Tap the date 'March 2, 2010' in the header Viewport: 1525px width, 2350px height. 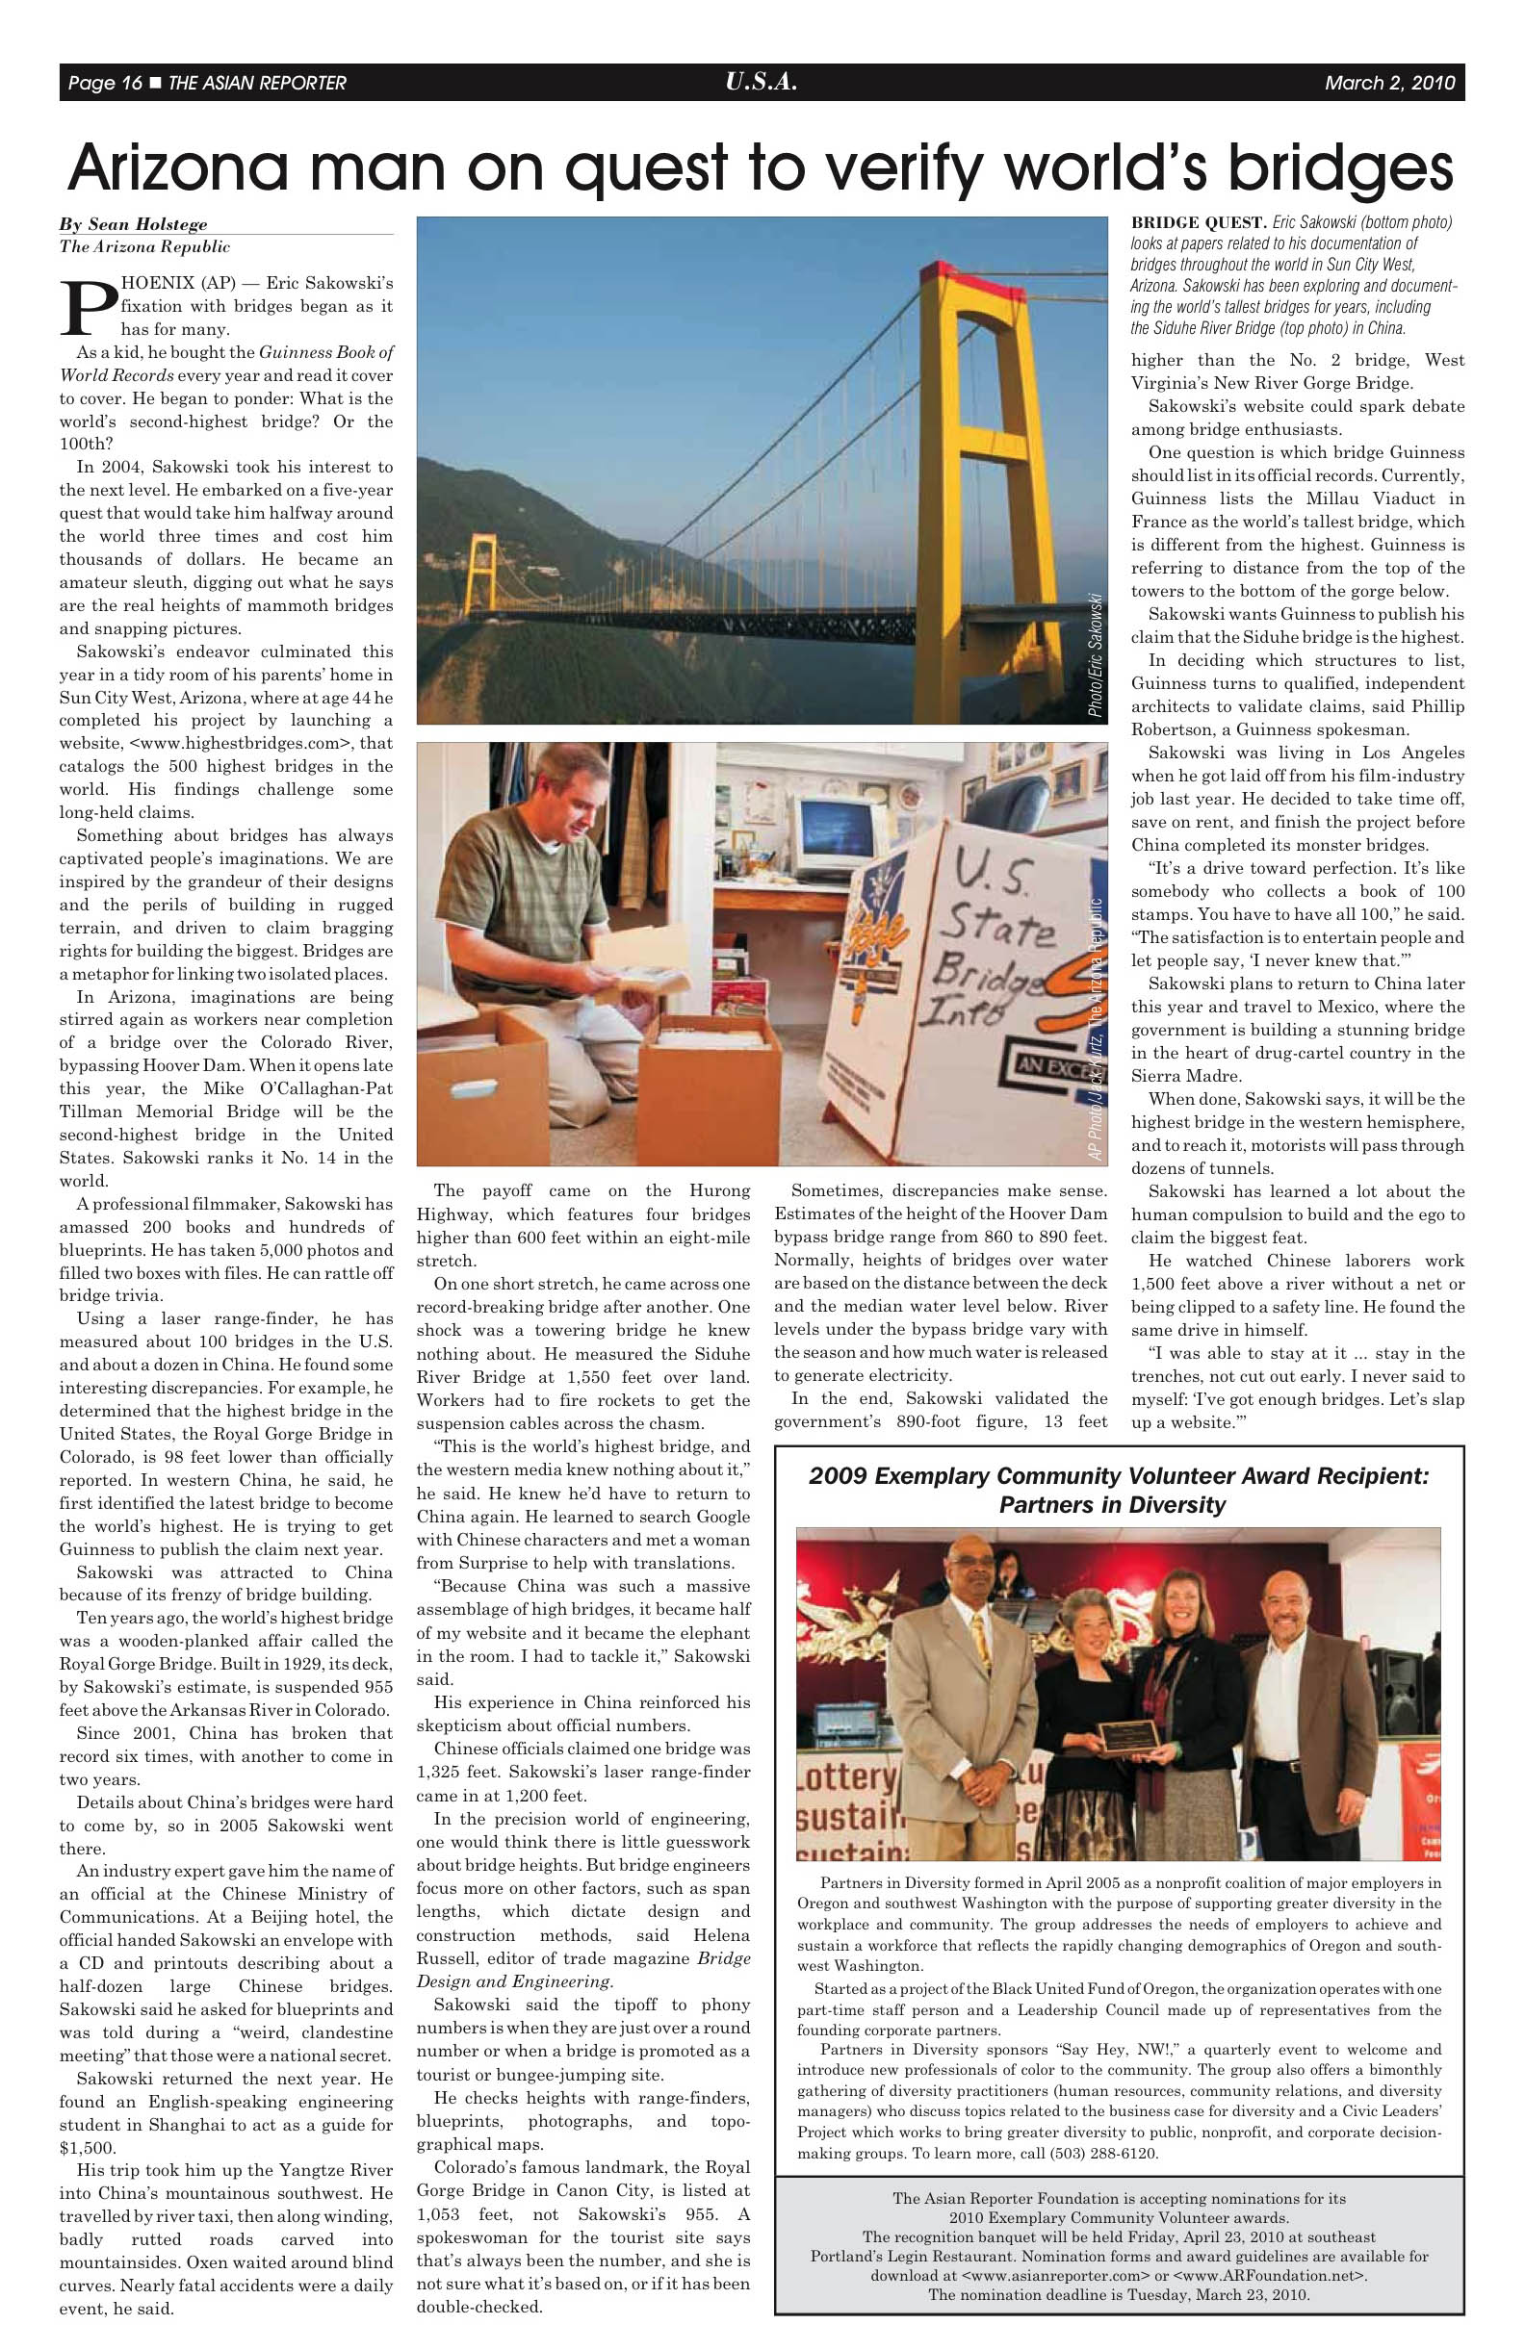[x=1389, y=83]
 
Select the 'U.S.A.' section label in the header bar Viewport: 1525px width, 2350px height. [x=761, y=82]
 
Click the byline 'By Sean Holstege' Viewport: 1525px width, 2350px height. [x=133, y=224]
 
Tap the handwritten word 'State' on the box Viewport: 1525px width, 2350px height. [x=996, y=928]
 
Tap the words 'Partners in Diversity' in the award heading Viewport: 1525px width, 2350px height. [x=1112, y=1505]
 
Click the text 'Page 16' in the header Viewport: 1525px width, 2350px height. [x=105, y=83]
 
